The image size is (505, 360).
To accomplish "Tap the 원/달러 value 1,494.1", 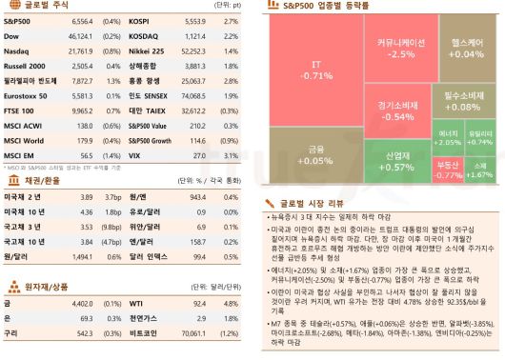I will tap(78, 256).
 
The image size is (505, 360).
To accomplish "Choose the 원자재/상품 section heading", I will tap(47, 284).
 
